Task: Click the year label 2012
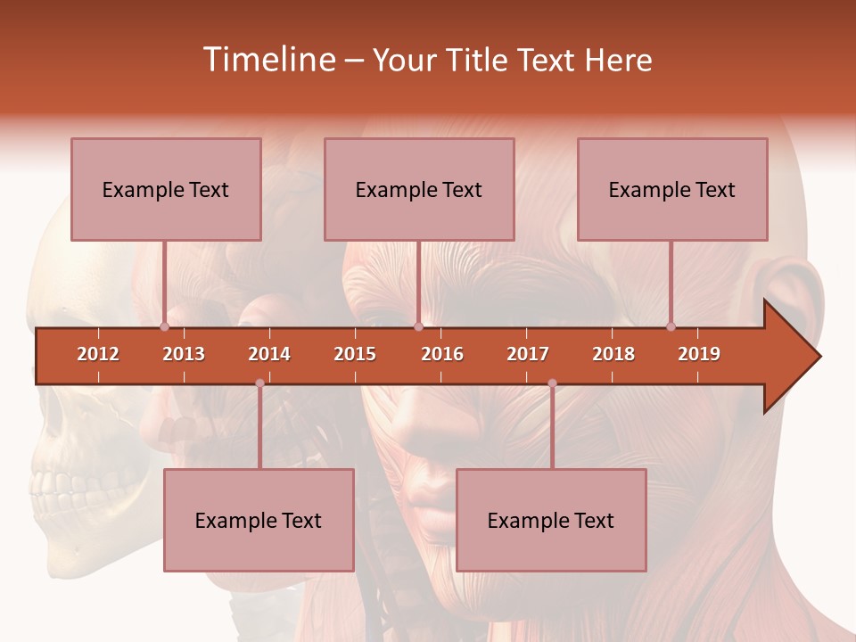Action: [98, 354]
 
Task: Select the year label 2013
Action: [184, 354]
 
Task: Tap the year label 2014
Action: [269, 354]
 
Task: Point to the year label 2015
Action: [355, 354]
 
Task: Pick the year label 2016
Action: [442, 354]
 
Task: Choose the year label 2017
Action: [528, 354]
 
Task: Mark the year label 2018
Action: [613, 354]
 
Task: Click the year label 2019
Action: [699, 354]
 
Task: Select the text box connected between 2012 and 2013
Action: [166, 189]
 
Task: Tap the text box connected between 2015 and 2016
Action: [419, 189]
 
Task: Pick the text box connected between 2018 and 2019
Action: [672, 189]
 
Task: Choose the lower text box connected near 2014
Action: [259, 520]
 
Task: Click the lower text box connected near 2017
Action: [551, 520]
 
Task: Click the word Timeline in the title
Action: [267, 60]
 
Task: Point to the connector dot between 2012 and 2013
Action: [164, 326]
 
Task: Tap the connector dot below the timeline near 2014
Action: [259, 383]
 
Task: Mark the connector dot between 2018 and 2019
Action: [671, 326]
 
